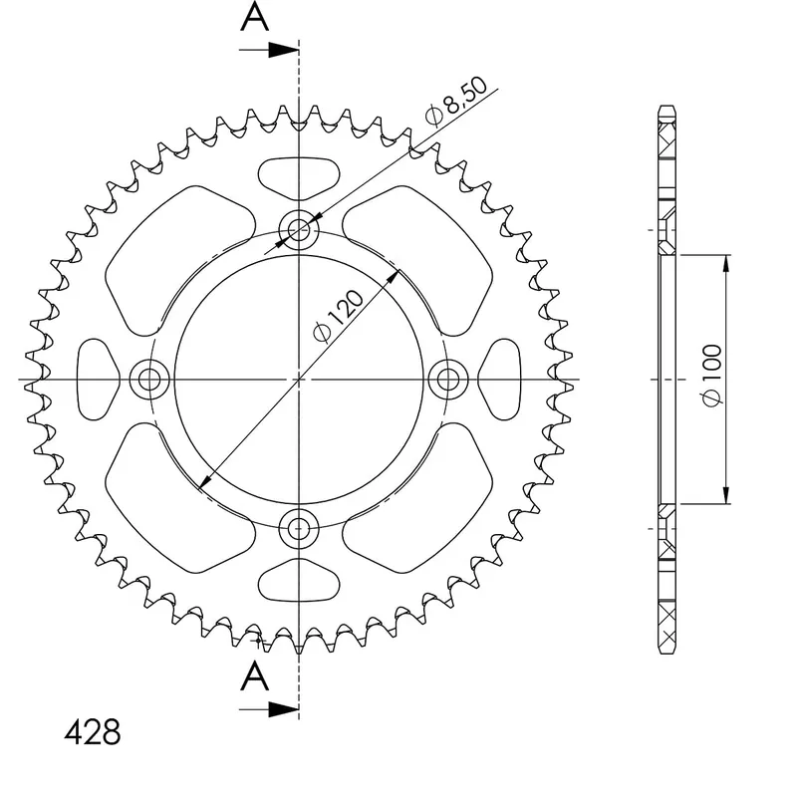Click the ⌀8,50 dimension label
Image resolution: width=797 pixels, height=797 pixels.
point(456,102)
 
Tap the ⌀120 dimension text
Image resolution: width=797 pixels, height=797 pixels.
point(339,316)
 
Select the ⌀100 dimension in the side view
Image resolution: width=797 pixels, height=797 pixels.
point(711,376)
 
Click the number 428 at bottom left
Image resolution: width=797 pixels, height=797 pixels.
point(93,732)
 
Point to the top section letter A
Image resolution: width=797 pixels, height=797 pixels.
point(255,16)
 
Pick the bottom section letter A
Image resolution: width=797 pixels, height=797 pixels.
point(255,676)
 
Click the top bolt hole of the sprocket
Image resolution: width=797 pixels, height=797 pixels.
point(299,230)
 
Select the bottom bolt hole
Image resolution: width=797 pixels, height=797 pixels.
point(299,529)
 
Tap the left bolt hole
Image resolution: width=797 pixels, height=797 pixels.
point(149,380)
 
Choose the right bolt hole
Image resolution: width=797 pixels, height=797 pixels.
point(448,380)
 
